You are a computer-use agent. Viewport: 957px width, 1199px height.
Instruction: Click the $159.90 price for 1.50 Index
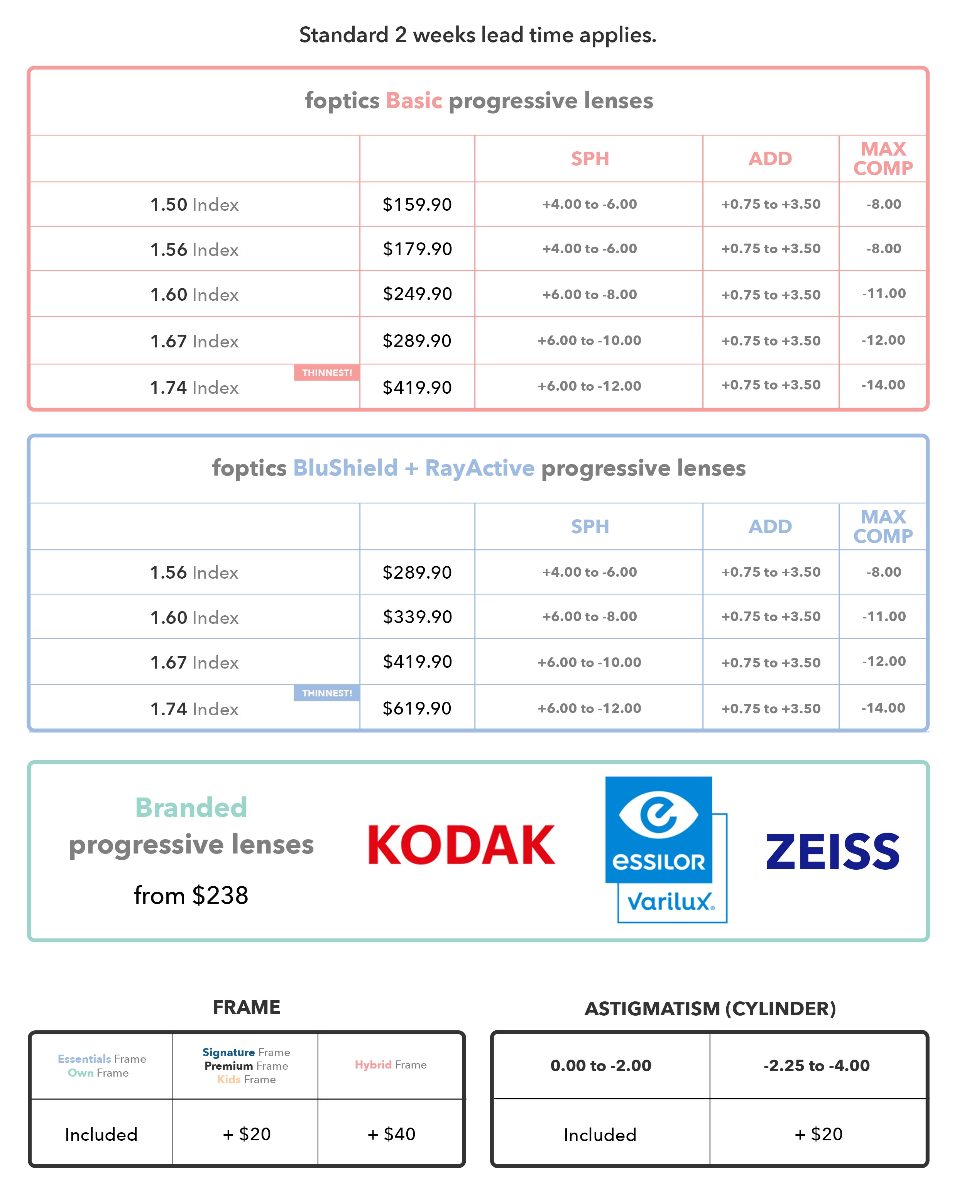tap(417, 205)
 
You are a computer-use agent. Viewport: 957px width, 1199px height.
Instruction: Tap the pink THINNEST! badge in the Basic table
tap(327, 373)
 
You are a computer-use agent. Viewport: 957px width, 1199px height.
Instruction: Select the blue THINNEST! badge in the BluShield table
tap(327, 693)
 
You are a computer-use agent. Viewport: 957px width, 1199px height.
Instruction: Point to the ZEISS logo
tap(832, 852)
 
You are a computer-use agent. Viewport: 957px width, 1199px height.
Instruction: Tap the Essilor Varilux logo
tap(666, 849)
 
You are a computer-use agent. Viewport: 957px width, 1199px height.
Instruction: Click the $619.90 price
tap(417, 708)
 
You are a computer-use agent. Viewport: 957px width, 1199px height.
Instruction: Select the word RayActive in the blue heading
tap(479, 468)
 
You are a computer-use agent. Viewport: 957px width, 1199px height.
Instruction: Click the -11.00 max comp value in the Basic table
tap(884, 294)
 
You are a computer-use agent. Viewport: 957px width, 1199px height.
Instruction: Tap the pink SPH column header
tap(590, 159)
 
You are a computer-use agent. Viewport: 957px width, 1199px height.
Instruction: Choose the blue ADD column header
tap(770, 527)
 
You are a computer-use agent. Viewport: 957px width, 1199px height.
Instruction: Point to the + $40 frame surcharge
tap(391, 1134)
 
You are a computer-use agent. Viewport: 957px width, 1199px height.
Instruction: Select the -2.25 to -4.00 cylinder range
tap(816, 1065)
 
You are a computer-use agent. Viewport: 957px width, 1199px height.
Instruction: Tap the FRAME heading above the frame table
tap(246, 1007)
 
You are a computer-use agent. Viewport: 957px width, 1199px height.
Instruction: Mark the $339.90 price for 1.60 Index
tap(417, 617)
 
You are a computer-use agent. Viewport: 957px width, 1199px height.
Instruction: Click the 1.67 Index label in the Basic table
tap(194, 342)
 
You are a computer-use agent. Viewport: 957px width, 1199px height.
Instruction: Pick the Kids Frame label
tap(246, 1079)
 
